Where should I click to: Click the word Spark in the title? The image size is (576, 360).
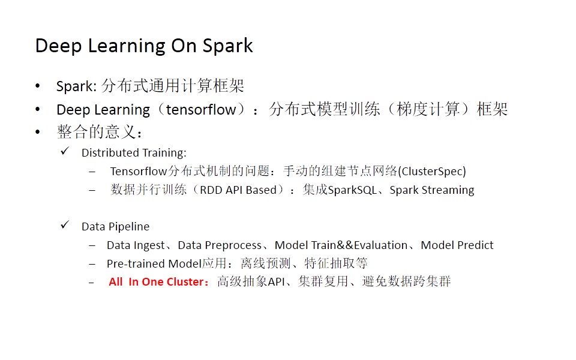pos(227,46)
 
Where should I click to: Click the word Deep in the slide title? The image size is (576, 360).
pos(58,47)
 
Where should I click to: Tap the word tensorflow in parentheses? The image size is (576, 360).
pos(201,109)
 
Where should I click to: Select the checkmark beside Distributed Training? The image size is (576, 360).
pos(65,151)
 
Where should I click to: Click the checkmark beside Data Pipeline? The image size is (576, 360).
pos(65,224)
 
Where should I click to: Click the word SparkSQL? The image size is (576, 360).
pos(352,190)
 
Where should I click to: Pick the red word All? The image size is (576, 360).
pos(115,282)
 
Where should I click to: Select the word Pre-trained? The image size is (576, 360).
pos(136,264)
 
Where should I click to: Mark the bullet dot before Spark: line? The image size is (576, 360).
pos(37,86)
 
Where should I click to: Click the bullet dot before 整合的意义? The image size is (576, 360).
pos(37,132)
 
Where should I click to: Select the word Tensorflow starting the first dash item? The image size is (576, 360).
pos(139,171)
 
